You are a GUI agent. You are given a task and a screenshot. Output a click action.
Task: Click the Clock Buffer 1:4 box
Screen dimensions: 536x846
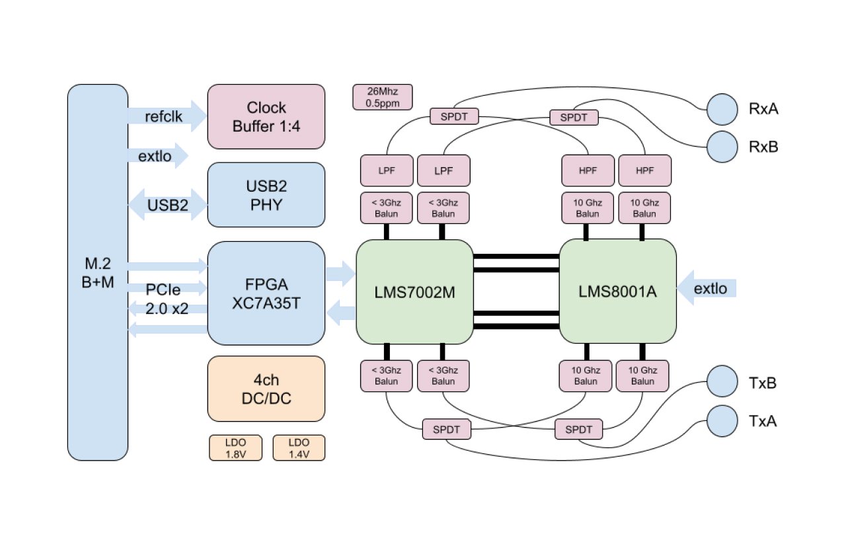point(266,116)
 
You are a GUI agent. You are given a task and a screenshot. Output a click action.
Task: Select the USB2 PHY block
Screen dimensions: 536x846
point(266,195)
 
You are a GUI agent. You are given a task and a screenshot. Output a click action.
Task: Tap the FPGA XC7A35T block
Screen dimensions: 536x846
point(266,293)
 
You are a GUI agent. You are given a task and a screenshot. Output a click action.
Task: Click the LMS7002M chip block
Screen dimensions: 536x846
point(414,291)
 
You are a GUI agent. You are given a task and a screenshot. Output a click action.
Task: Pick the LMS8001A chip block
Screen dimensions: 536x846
point(618,291)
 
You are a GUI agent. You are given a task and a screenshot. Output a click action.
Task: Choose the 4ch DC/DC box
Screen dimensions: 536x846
point(266,389)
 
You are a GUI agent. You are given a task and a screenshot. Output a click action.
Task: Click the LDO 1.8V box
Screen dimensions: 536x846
point(235,447)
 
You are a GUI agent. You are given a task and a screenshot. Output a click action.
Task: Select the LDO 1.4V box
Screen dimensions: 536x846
point(299,447)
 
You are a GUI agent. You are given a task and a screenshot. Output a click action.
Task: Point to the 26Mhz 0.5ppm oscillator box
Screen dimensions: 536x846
point(383,96)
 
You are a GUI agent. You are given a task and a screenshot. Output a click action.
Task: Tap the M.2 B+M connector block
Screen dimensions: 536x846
point(97,272)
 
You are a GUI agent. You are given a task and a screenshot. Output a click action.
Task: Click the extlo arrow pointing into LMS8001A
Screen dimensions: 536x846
point(707,288)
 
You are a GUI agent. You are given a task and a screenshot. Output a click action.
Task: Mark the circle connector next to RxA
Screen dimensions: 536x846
point(722,109)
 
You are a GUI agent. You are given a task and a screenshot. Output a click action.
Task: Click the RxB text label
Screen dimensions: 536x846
point(763,147)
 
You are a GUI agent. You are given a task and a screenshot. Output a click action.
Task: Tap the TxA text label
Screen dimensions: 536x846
point(763,420)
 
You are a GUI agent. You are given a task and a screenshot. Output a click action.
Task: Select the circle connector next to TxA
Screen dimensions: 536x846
point(722,420)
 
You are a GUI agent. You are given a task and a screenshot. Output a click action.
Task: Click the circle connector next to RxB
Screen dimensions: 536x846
point(722,147)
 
